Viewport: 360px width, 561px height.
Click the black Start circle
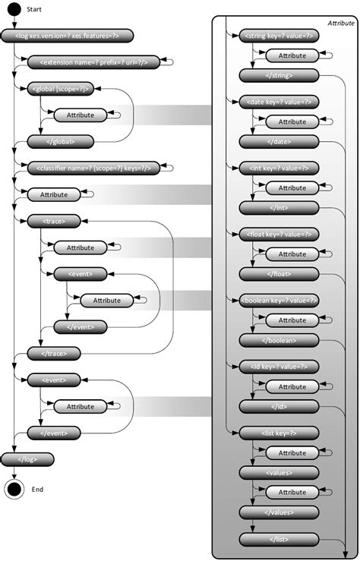[x=14, y=11]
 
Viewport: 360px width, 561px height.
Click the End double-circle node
[x=14, y=489]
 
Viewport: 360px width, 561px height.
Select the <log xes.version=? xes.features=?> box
[x=67, y=35]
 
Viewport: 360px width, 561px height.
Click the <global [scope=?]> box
[x=60, y=89]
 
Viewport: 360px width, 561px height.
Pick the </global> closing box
[x=60, y=140]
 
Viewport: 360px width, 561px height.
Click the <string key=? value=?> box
[x=279, y=35]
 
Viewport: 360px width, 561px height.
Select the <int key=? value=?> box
[x=279, y=168]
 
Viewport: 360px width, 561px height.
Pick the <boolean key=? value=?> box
[x=279, y=300]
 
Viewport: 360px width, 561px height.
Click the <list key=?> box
[x=279, y=433]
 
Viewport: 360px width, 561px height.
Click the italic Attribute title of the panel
[x=340, y=24]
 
